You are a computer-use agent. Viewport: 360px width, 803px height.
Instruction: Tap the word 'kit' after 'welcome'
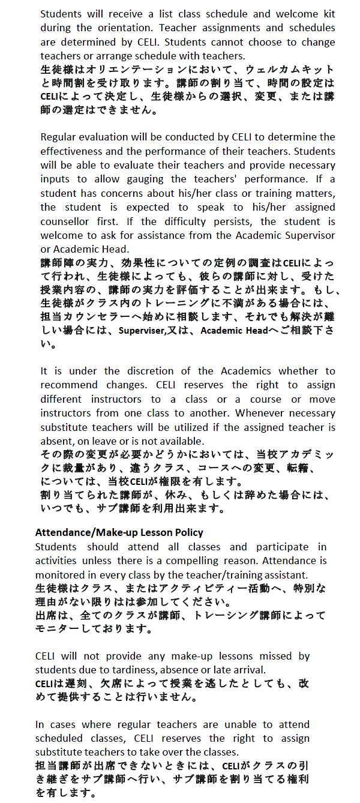tap(327, 14)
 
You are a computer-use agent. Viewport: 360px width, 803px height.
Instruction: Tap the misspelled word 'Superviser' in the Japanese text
tap(142, 331)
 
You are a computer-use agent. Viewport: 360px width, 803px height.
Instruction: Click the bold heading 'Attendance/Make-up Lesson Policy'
tap(119, 532)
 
